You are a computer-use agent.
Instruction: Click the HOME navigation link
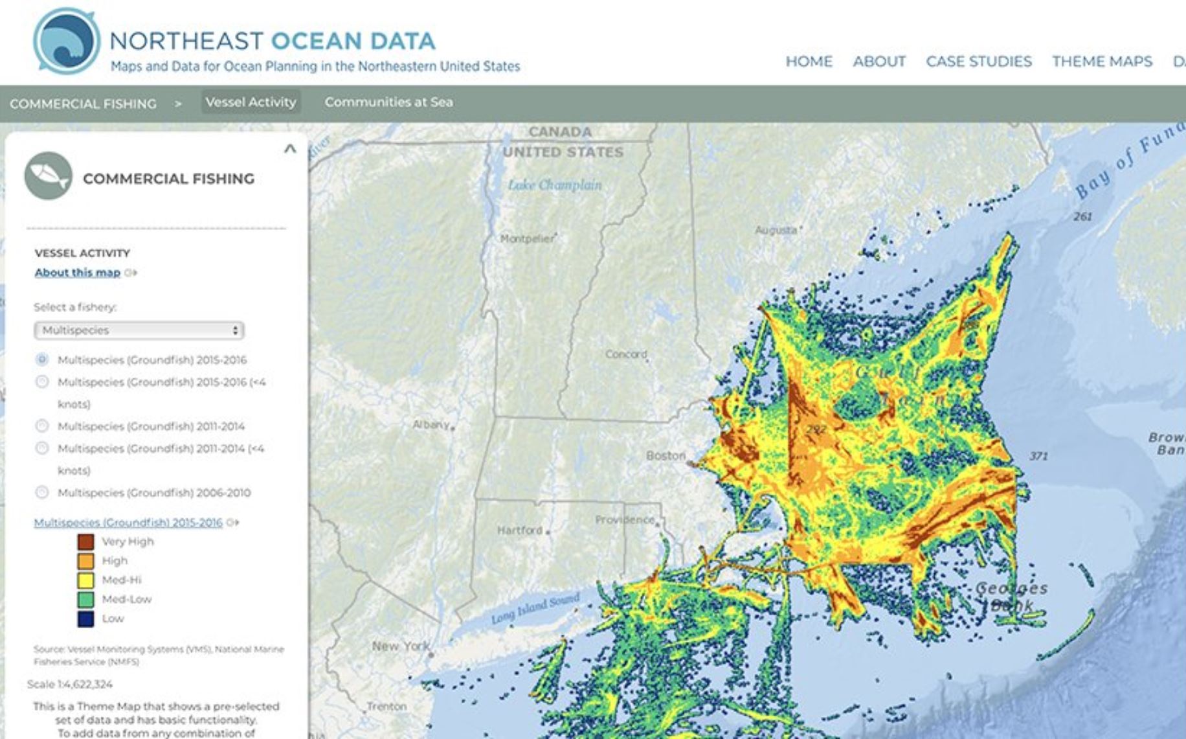tap(809, 62)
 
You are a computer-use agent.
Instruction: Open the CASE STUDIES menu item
tap(978, 62)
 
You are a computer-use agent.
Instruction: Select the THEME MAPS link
tap(1102, 62)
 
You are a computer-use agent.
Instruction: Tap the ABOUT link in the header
tap(878, 62)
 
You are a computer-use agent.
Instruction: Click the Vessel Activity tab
tap(251, 102)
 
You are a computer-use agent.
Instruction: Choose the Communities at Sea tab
tap(388, 102)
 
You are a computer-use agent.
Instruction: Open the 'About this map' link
tap(78, 273)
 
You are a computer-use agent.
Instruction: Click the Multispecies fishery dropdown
tap(139, 330)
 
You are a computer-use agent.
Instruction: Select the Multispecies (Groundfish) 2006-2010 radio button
tap(42, 492)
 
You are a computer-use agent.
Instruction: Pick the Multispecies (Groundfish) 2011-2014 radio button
tap(42, 426)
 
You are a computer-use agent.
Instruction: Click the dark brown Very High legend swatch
tap(85, 541)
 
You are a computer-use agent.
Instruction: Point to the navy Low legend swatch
tap(85, 619)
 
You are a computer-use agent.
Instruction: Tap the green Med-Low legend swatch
tap(85, 599)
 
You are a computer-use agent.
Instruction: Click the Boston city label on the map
tap(665, 455)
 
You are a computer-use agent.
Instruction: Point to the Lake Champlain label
tap(555, 185)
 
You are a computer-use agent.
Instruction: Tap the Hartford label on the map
tap(519, 530)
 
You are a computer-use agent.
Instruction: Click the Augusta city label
tap(776, 230)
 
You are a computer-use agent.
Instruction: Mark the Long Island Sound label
tap(535, 609)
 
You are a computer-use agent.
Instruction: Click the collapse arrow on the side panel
tap(290, 149)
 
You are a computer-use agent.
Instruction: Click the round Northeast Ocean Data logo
tap(66, 41)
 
